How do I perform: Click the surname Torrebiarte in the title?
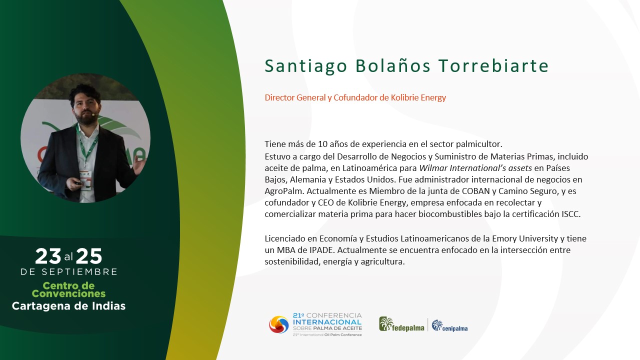pos(493,65)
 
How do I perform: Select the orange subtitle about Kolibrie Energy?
pos(355,97)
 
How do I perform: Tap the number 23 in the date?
pos(48,256)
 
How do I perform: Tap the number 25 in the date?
pos(89,256)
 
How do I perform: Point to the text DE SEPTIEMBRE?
pos(69,272)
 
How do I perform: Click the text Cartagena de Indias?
pos(68,306)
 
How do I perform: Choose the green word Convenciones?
pos(68,293)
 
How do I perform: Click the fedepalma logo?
pos(401,324)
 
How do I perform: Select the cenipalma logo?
pos(449,326)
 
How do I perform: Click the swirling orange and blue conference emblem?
pos(279,324)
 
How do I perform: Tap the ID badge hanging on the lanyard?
pos(85,179)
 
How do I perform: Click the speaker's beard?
pos(86,118)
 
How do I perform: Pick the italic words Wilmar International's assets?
pos(475,168)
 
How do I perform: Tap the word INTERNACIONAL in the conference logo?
pos(327,322)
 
